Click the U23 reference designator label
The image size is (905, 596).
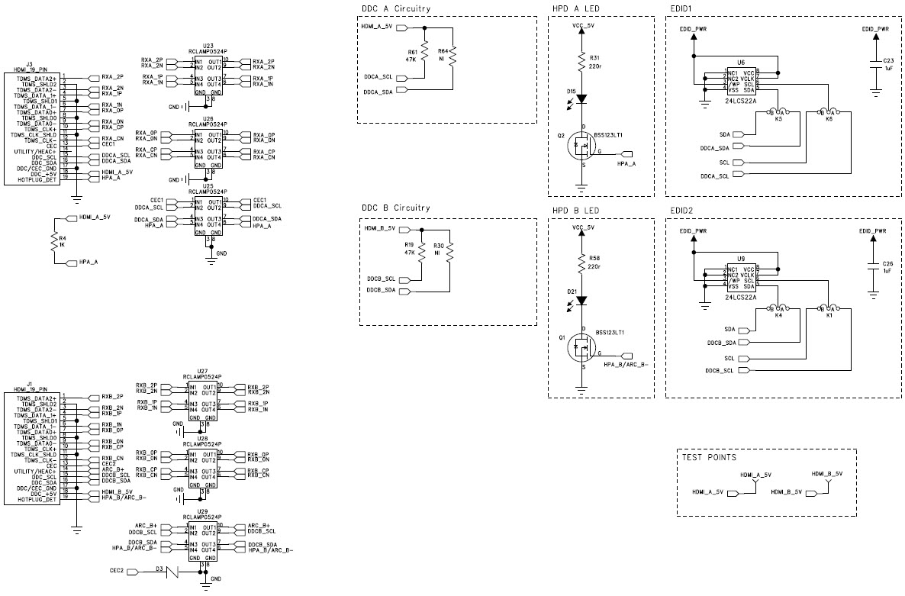click(208, 46)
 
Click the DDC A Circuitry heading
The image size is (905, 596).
click(395, 9)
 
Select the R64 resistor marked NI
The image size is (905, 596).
click(453, 55)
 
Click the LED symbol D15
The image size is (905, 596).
click(581, 98)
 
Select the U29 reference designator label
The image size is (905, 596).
click(202, 511)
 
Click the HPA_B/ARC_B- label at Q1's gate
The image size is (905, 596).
click(626, 366)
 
